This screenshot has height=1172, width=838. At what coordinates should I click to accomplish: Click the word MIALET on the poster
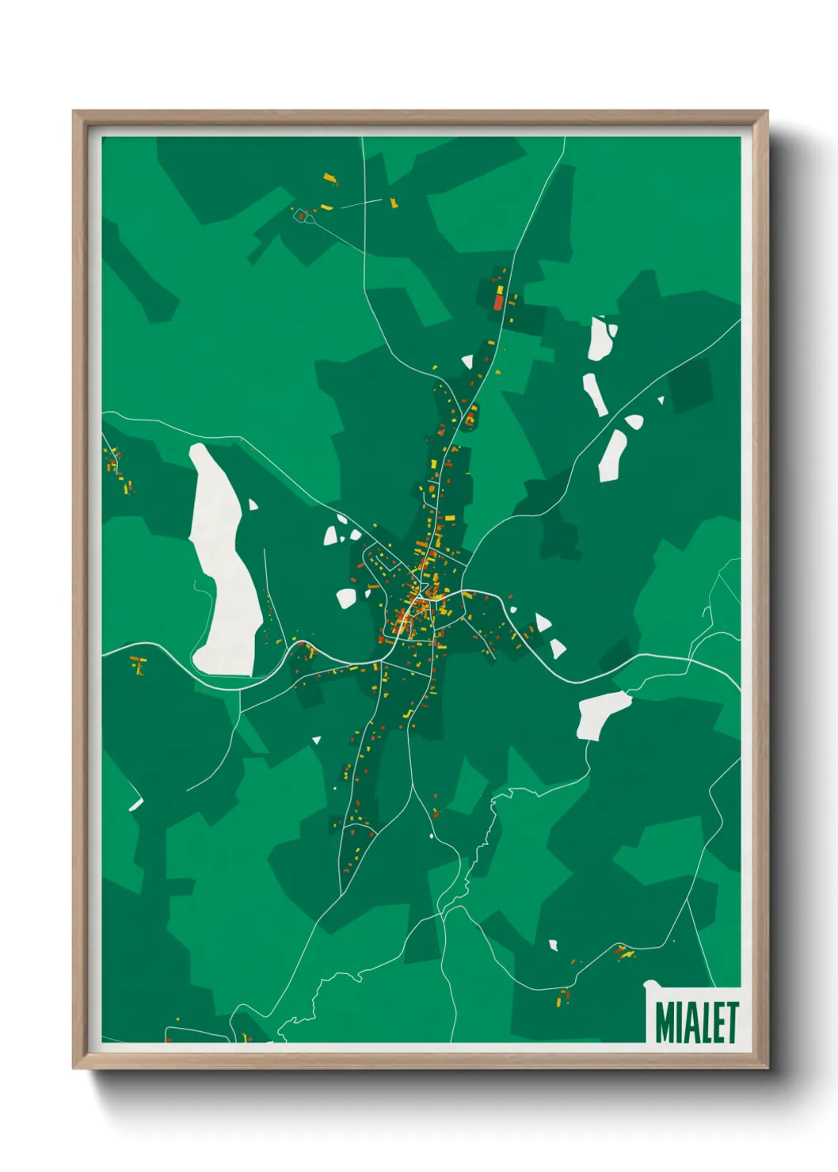click(696, 1022)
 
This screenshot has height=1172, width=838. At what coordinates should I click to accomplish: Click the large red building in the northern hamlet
click(498, 302)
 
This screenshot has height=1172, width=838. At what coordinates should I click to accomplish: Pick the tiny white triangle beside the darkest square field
click(661, 401)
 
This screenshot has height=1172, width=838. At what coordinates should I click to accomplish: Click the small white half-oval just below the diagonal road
click(634, 422)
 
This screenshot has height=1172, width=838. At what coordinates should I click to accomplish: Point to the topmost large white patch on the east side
click(600, 339)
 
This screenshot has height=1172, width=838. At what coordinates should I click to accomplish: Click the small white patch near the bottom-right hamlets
click(554, 944)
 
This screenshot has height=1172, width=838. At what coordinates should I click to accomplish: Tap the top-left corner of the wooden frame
click(75, 114)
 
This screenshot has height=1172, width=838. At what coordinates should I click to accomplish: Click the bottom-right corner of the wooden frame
click(766, 1066)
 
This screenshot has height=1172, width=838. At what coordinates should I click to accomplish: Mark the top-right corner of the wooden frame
click(766, 114)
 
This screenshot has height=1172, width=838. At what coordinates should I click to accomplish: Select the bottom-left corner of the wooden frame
click(75, 1066)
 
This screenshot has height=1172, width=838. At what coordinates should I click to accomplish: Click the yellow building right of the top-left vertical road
click(393, 203)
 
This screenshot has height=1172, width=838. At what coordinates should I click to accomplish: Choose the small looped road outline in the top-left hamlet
click(301, 215)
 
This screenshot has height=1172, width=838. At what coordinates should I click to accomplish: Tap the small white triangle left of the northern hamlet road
click(467, 362)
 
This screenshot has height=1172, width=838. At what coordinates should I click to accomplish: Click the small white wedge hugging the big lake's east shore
click(253, 504)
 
